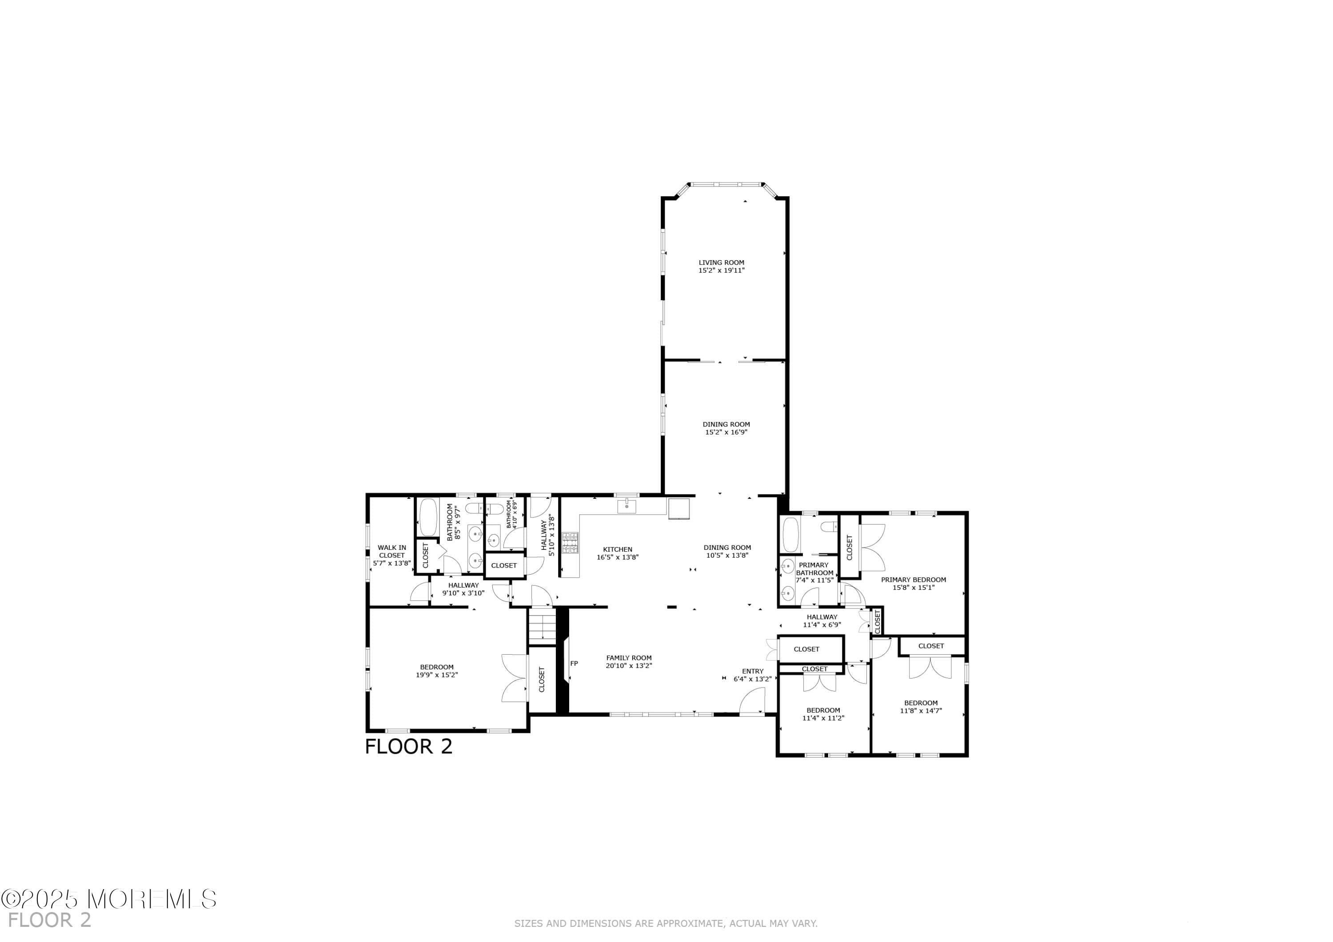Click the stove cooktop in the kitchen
[570, 543]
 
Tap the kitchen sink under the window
[627, 506]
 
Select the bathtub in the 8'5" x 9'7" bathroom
[428, 517]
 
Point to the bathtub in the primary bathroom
[791, 534]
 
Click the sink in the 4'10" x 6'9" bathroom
[493, 541]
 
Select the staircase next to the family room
[542, 626]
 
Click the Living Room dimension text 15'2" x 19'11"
[721, 270]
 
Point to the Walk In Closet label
[392, 551]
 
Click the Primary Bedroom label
[913, 579]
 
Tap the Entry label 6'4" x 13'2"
[752, 675]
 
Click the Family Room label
[629, 658]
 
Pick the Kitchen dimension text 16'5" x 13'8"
[617, 557]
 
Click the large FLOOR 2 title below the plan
[408, 747]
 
